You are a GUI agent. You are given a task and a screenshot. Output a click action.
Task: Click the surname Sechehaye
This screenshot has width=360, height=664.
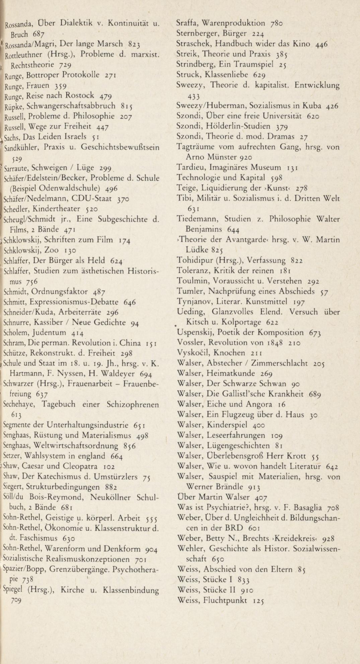20,404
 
